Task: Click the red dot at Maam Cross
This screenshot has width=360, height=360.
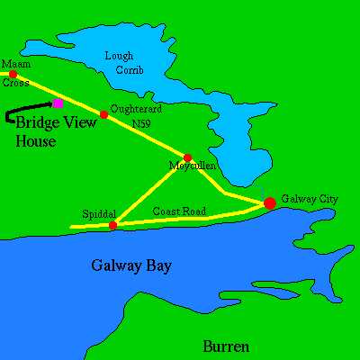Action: point(13,75)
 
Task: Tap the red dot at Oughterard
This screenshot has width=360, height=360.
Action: point(104,114)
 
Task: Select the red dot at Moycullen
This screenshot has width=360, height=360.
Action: point(187,157)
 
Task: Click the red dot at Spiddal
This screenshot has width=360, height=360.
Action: point(112,225)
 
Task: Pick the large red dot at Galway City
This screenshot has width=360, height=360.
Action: point(269,203)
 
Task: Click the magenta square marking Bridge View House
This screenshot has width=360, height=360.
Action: point(58,103)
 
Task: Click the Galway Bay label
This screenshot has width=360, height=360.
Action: point(131,265)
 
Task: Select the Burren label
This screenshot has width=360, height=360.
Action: point(225,346)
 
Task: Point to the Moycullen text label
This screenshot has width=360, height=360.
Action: point(191,167)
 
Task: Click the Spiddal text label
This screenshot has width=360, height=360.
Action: point(98,214)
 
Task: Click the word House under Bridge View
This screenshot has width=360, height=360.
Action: point(36,141)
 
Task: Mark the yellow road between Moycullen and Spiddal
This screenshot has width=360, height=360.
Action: point(150,191)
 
